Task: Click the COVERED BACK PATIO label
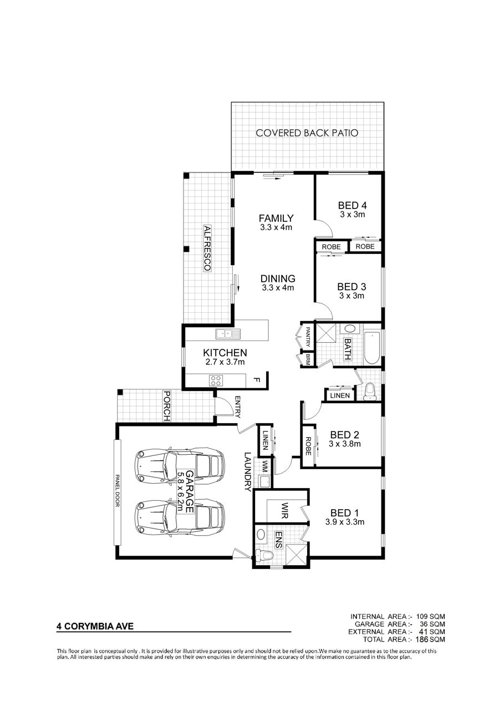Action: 307,133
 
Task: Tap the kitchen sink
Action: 228,333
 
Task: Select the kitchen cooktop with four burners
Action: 216,380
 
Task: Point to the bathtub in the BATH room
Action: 372,348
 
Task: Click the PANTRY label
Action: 308,337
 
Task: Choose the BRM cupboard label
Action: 308,359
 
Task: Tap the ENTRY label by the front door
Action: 237,407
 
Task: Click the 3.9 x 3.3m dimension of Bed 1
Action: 345,522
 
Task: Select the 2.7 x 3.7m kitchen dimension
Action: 225,362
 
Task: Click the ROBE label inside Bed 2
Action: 308,446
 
